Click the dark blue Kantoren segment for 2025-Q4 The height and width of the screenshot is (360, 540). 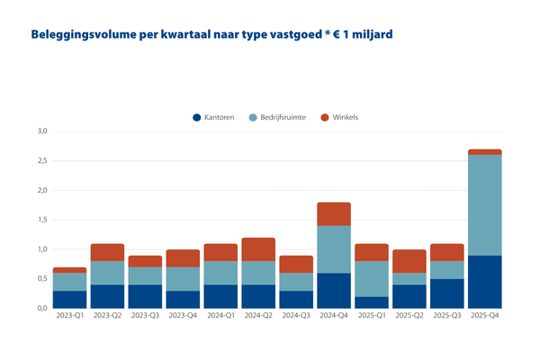tap(485, 282)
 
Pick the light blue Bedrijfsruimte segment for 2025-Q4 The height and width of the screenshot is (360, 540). tap(485, 205)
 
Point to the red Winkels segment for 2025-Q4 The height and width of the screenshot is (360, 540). tap(485, 152)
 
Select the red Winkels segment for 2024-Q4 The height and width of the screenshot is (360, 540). tap(334, 214)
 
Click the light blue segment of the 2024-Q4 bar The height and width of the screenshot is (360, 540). tap(334, 249)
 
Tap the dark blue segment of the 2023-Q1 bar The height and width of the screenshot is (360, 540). tap(69, 299)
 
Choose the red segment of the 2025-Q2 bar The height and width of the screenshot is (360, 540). tap(409, 261)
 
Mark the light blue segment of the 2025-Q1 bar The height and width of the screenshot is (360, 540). tap(372, 278)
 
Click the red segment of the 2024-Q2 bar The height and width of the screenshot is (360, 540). tap(258, 249)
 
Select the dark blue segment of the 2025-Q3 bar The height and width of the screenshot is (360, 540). tap(447, 293)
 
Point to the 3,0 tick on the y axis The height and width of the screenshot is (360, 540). tap(42, 131)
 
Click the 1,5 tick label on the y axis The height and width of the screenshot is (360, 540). tap(42, 220)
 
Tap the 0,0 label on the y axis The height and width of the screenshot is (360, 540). tap(42, 308)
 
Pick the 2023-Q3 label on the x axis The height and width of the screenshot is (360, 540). tap(145, 317)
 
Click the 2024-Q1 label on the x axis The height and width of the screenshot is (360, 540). tap(220, 317)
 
